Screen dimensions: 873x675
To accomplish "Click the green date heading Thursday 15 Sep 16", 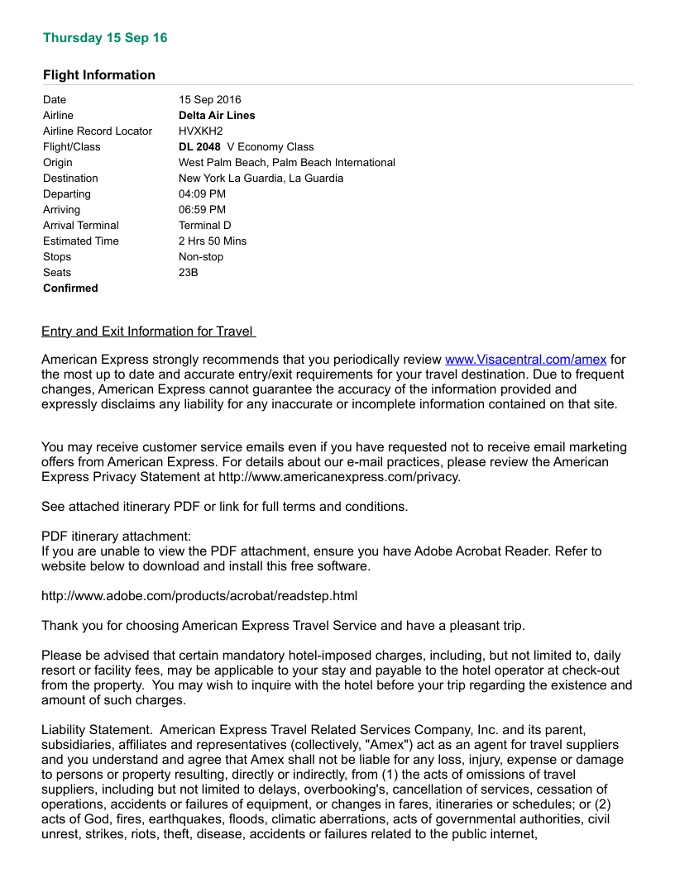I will coord(105,38).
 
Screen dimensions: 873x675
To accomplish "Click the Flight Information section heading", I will coord(99,75).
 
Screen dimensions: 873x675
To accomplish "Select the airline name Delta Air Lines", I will coord(217,116).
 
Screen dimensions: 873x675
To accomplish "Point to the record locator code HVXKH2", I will coord(201,131).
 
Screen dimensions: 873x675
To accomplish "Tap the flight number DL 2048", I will coord(199,147).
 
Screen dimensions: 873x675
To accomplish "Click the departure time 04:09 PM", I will coord(202,194).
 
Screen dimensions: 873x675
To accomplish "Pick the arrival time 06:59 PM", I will coord(202,210).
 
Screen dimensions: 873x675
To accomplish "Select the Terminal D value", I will coord(204,226).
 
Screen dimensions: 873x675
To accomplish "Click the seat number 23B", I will coord(189,273).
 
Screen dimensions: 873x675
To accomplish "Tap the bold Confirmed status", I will coord(70,289).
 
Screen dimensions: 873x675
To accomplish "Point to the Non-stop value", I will coord(201,257).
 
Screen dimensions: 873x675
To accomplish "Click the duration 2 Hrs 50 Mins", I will coord(213,241).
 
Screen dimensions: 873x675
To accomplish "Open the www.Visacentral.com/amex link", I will coord(525,360).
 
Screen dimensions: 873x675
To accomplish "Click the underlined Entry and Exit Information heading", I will coord(148,332).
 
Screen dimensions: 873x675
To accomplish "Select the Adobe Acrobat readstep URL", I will coord(199,595).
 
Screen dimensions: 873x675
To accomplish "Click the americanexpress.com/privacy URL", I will coord(339,477).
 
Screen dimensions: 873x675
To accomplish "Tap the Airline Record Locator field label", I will coord(98,131).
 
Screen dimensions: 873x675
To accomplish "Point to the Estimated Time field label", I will coord(81,241).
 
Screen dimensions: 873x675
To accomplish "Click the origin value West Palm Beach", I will coord(286,163).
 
